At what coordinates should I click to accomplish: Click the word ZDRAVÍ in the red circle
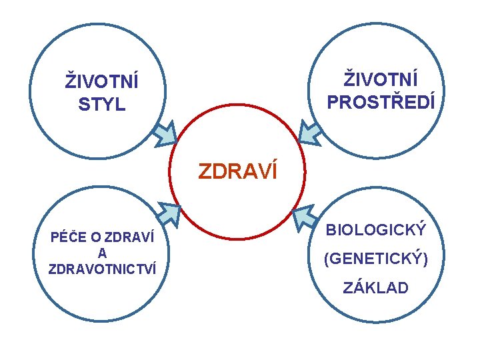(x=237, y=172)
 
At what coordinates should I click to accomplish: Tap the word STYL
(x=102, y=105)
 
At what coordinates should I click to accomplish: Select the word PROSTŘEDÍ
(x=381, y=103)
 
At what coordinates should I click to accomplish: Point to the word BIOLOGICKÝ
(x=375, y=231)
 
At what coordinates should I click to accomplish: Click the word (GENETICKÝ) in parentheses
(x=375, y=259)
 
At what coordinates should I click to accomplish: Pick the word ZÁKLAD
(x=375, y=288)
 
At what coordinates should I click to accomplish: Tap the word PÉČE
(x=65, y=237)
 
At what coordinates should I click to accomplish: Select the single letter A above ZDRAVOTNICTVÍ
(x=102, y=253)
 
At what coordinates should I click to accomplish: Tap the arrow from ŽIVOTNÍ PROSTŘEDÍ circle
(x=311, y=132)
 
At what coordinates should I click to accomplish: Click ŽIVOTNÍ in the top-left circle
(x=102, y=82)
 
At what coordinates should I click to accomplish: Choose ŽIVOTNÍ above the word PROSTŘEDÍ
(x=381, y=79)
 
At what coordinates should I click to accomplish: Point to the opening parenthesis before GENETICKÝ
(x=327, y=259)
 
